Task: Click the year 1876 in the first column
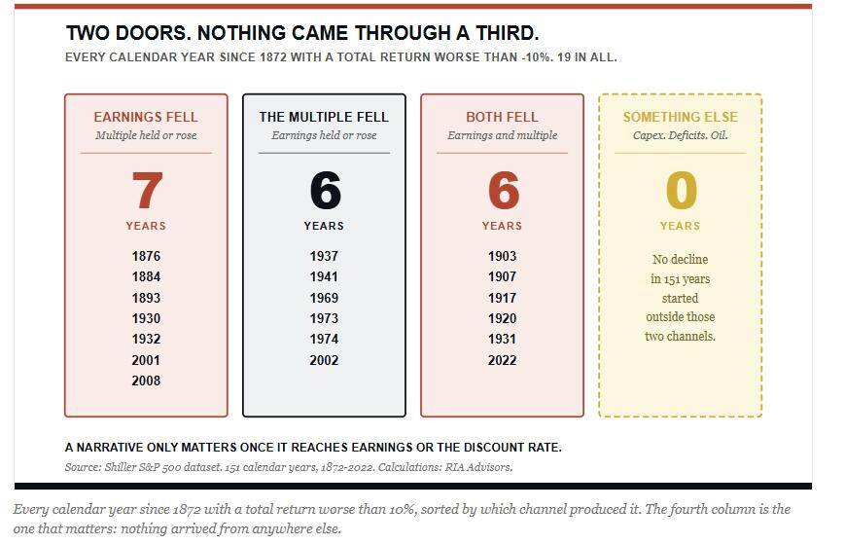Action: point(146,256)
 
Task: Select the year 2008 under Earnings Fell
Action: point(146,381)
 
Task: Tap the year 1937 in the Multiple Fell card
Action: point(324,256)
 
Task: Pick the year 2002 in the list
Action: point(324,360)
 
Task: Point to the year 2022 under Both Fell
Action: point(503,360)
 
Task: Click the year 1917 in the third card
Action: point(503,298)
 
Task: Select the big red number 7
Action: point(147,191)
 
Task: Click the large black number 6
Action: point(325,191)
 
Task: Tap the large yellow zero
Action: point(682,191)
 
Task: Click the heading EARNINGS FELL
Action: point(146,117)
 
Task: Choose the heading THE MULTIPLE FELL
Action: point(324,117)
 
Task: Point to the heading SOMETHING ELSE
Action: point(681,117)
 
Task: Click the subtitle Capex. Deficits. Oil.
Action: point(681,135)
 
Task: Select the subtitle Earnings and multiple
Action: point(503,135)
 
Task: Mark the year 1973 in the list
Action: point(324,318)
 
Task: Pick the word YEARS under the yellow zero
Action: point(680,226)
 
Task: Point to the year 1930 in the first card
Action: point(146,318)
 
